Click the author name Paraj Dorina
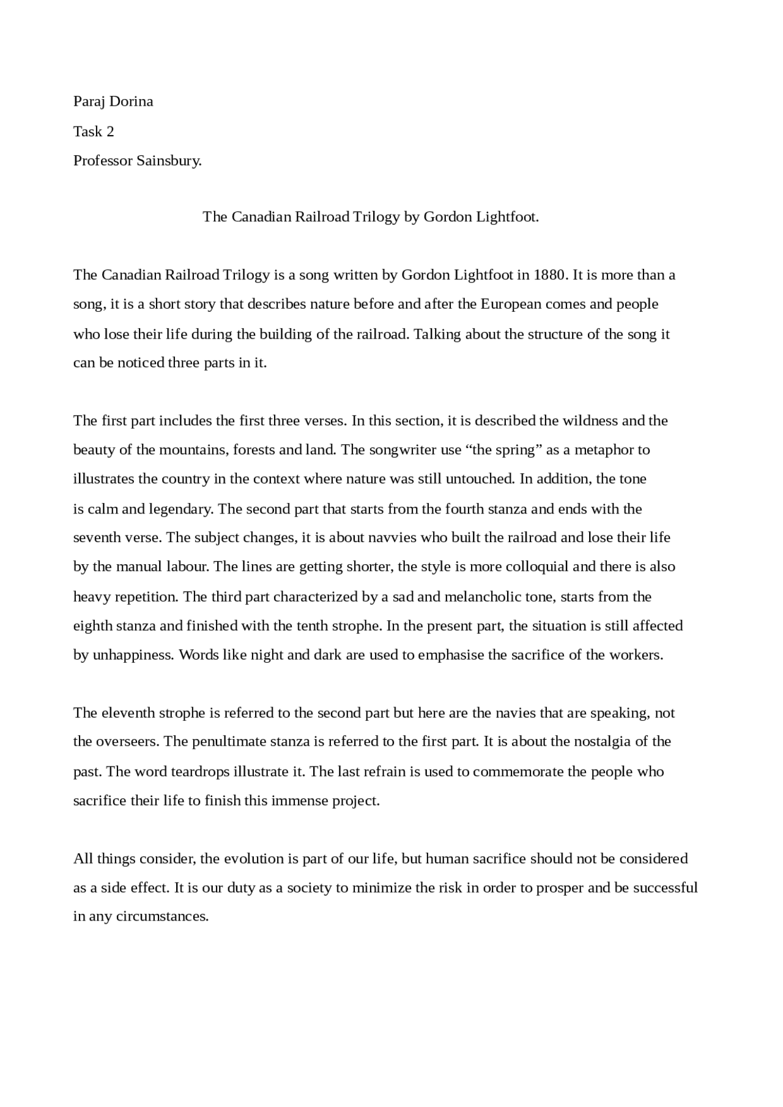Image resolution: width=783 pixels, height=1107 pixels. pyautogui.click(x=113, y=101)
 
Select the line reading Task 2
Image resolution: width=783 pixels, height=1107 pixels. pyautogui.click(x=94, y=131)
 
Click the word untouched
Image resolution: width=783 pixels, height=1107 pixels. pyautogui.click(x=480, y=479)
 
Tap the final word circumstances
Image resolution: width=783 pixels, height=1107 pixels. pyautogui.click(x=162, y=916)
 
